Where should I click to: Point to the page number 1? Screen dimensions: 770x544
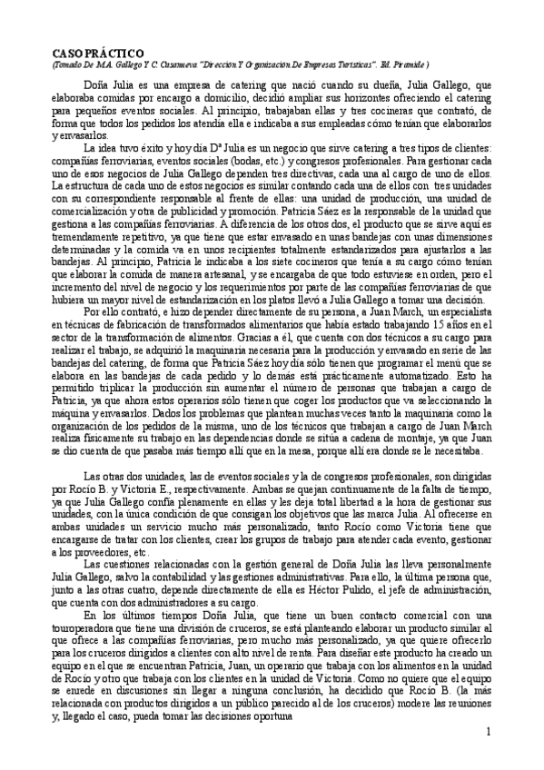tap(488, 731)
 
